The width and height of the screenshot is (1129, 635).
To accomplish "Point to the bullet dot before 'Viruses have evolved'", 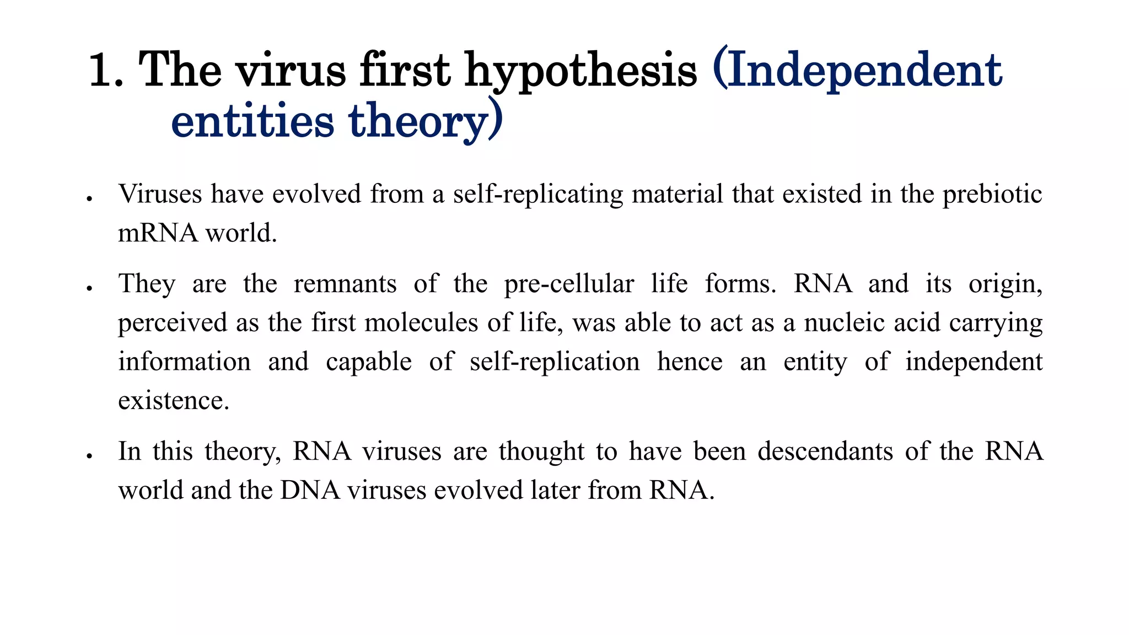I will tap(89, 199).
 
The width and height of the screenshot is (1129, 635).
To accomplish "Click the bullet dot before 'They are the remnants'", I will tap(89, 288).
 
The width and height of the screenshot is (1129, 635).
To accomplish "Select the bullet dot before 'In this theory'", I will tap(89, 456).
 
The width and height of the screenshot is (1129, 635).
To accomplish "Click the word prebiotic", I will tap(992, 195).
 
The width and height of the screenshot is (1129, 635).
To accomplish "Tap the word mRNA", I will tap(158, 233).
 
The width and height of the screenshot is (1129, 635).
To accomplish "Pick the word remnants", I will tap(345, 284).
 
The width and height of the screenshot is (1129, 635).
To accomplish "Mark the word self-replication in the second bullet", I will tap(555, 362).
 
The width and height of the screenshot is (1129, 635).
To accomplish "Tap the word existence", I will tap(173, 401).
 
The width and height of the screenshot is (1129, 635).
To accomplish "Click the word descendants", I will tap(825, 451).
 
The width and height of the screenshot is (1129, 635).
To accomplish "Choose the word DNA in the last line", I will tap(310, 490).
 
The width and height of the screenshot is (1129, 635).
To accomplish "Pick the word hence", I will tap(690, 362).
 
